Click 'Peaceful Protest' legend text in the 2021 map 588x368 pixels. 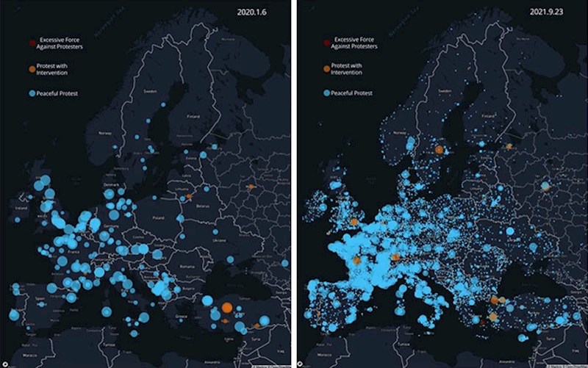click(x=351, y=93)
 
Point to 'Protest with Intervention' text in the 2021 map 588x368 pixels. click(x=351, y=69)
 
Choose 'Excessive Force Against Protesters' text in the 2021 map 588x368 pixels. click(x=356, y=42)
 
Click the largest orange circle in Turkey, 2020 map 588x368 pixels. click(x=227, y=307)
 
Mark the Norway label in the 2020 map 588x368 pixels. click(x=104, y=133)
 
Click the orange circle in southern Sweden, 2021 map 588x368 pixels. click(x=439, y=149)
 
